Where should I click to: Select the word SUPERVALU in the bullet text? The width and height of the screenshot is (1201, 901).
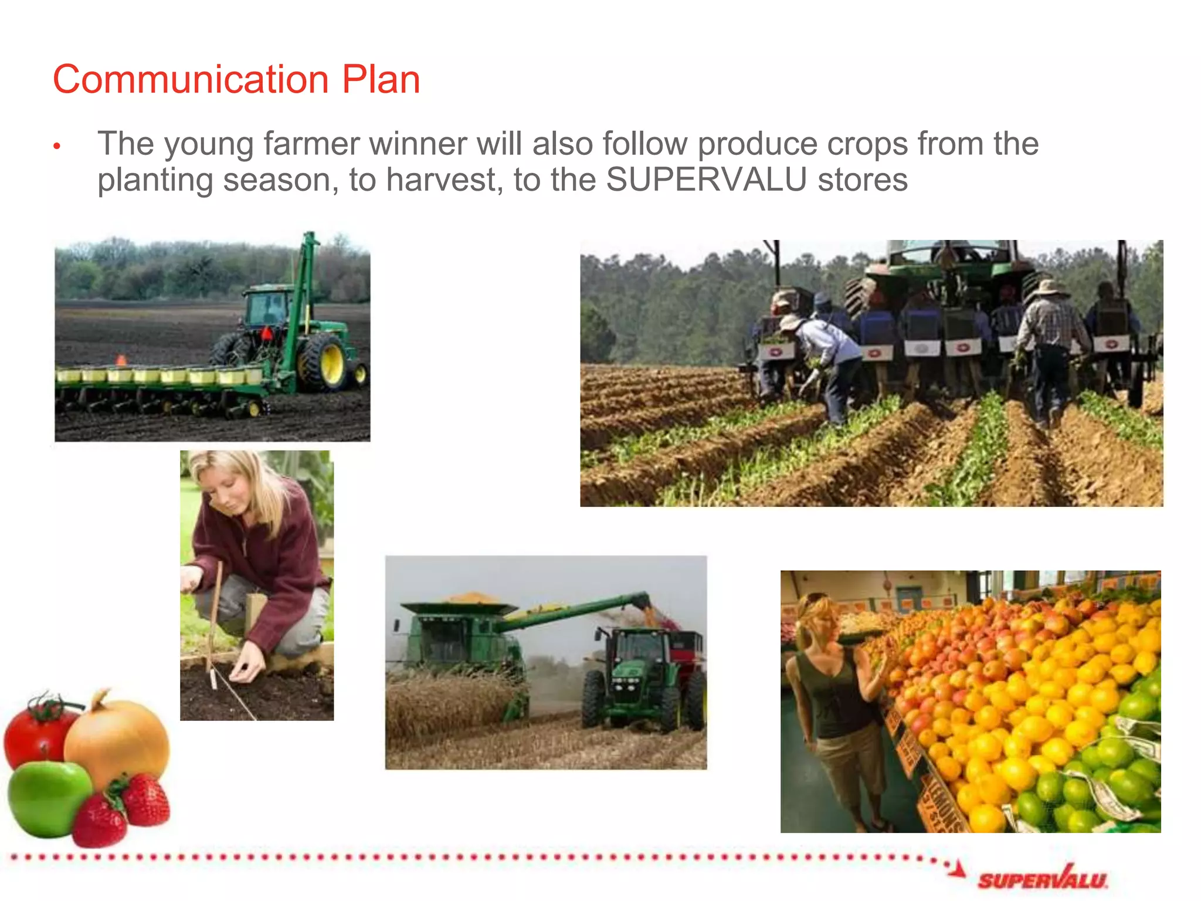click(706, 179)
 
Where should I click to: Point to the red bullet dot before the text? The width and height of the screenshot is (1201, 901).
click(57, 146)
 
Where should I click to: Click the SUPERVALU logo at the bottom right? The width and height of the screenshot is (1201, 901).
click(1041, 879)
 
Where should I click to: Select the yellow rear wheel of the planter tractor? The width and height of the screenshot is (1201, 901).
click(324, 361)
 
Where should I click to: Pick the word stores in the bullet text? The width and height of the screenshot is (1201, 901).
click(863, 179)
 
